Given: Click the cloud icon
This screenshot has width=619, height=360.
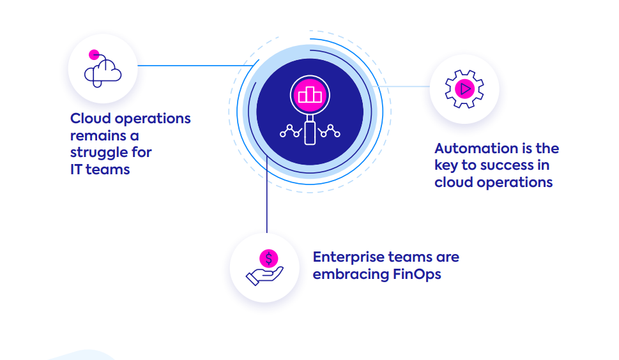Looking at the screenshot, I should click(x=103, y=70).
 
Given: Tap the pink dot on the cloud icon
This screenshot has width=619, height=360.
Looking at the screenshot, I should click(x=94, y=54).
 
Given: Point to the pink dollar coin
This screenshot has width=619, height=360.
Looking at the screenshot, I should click(x=269, y=259).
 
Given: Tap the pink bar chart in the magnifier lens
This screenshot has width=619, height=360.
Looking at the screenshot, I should click(x=310, y=94).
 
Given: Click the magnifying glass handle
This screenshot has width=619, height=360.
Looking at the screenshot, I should click(x=310, y=132).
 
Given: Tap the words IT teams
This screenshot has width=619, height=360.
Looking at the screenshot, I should click(x=100, y=170).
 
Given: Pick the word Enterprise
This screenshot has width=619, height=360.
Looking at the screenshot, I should click(x=348, y=257).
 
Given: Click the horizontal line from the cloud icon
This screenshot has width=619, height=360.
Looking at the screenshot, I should click(x=192, y=65).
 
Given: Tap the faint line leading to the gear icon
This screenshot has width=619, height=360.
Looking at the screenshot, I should click(x=402, y=86).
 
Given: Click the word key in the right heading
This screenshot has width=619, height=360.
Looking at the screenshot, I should click(x=446, y=165).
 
